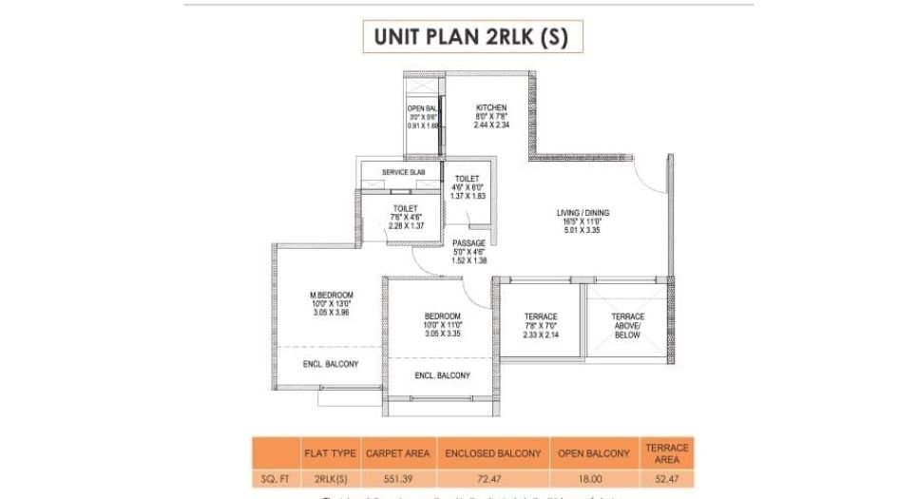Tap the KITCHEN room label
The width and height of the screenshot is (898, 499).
[491, 108]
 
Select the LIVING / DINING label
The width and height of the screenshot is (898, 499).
[583, 213]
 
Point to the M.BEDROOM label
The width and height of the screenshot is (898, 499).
[331, 296]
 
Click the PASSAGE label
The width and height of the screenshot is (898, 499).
[468, 243]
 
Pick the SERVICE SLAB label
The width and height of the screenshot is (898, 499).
[403, 172]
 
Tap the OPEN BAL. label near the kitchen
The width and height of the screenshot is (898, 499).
[422, 109]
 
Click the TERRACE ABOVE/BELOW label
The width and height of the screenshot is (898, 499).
[627, 325]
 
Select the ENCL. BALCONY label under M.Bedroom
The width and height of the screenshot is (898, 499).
[330, 364]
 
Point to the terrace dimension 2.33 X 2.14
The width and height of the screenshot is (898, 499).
[540, 335]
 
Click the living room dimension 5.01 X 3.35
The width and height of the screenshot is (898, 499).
[583, 230]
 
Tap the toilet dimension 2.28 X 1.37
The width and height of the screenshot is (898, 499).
[406, 225]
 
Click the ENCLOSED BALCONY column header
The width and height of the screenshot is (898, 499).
[493, 453]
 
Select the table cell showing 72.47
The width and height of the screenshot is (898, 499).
[493, 480]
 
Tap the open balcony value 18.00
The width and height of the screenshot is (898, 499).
[595, 480]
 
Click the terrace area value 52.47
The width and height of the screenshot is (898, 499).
[666, 480]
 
